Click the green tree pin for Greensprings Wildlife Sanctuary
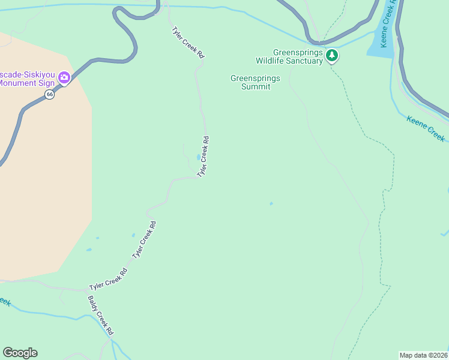pyautogui.click(x=332, y=56)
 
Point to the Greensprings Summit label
pyautogui.click(x=255, y=82)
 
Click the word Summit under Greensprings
pyautogui.click(x=256, y=87)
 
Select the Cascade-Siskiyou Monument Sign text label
pyautogui.click(x=27, y=79)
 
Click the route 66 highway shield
pyautogui.click(x=49, y=94)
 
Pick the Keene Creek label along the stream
pyautogui.click(x=426, y=128)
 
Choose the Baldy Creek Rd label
pyautogui.click(x=100, y=316)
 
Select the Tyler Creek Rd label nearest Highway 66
pyautogui.click(x=188, y=42)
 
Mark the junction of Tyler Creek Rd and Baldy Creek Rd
pyautogui.click(x=83, y=290)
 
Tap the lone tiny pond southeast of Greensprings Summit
pyautogui.click(x=271, y=204)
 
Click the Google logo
pyautogui.click(x=20, y=353)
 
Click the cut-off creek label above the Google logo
pyautogui.click(x=5, y=301)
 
